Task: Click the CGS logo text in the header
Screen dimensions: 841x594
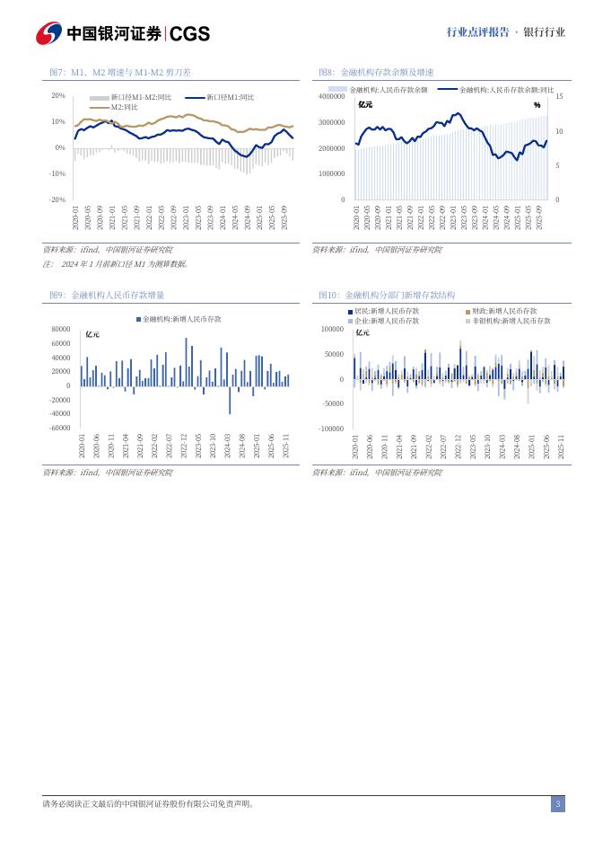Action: click(189, 33)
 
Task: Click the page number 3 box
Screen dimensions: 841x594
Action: click(557, 804)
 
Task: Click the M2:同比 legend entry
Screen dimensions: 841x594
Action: click(125, 107)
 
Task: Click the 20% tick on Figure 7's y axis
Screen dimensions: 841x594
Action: click(58, 95)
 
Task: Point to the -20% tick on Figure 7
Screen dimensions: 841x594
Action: click(57, 199)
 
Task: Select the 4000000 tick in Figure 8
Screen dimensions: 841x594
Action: click(331, 95)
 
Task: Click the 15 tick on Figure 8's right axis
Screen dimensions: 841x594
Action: click(558, 95)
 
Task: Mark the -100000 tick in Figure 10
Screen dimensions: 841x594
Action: click(332, 429)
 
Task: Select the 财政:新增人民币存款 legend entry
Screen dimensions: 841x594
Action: click(504, 310)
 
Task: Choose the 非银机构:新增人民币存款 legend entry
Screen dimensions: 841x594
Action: click(511, 320)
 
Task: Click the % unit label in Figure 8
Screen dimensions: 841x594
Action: click(537, 105)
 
